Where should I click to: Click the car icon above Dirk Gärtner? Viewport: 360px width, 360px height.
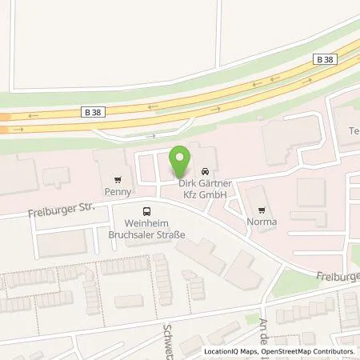[x=206, y=172]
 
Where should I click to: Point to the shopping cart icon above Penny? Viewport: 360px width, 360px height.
[x=118, y=180]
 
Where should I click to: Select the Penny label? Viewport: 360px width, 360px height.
[x=118, y=192]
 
